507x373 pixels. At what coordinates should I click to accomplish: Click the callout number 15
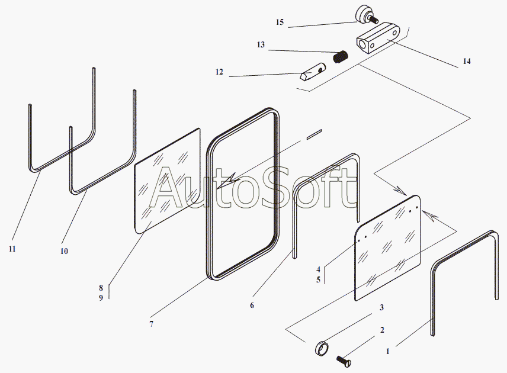[x=280, y=22]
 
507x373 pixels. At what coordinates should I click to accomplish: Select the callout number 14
[x=467, y=61]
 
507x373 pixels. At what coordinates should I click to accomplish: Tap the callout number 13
[x=261, y=45]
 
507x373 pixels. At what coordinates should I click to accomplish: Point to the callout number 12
[x=219, y=72]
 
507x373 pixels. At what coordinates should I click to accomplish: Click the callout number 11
[x=12, y=249]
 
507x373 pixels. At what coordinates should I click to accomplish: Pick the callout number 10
[x=64, y=251]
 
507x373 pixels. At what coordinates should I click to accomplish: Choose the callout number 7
[x=151, y=324]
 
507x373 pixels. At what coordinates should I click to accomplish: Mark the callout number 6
[x=252, y=306]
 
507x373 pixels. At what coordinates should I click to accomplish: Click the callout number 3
[x=382, y=307]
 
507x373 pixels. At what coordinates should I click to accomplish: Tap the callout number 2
[x=382, y=330]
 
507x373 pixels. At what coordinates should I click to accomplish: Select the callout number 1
[x=388, y=351]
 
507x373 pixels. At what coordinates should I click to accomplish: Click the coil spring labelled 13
[x=341, y=57]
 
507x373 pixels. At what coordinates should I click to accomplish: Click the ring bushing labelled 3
[x=319, y=348]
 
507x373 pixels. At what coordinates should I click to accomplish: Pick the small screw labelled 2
[x=344, y=359]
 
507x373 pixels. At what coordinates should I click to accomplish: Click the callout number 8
[x=101, y=288]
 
